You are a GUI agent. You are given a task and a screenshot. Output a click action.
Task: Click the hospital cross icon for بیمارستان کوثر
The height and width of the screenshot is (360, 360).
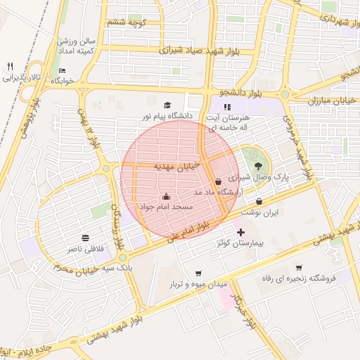point(241,232)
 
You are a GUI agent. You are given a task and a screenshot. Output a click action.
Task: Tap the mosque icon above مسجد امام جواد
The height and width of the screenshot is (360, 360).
point(166,196)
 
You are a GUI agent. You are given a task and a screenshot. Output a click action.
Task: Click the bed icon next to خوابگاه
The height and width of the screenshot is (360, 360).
point(63,70)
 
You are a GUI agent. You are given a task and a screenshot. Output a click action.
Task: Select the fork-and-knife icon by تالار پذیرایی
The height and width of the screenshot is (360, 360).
point(10,66)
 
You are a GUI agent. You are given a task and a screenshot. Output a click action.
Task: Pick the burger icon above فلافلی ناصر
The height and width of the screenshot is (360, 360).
point(86,237)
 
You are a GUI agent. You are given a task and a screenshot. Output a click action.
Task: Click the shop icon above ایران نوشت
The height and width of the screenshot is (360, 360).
point(259,201)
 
